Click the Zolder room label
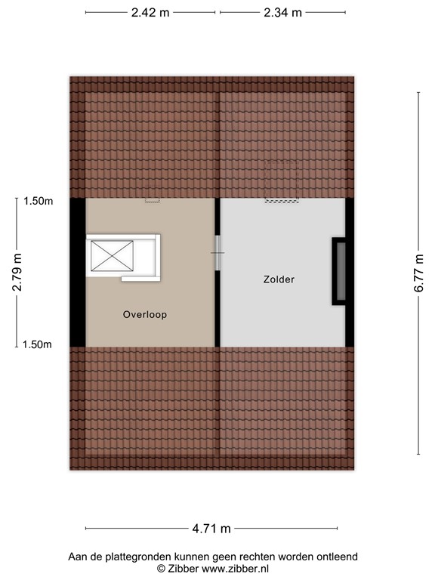(x=279, y=279)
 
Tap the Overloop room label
(x=145, y=314)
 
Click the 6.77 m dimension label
(x=420, y=273)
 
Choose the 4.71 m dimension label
(x=212, y=528)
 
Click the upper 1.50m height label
(x=38, y=201)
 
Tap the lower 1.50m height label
(x=38, y=344)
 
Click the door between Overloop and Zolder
(x=217, y=253)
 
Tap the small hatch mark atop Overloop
(x=153, y=200)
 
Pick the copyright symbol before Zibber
(x=160, y=568)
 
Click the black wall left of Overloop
(x=77, y=272)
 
